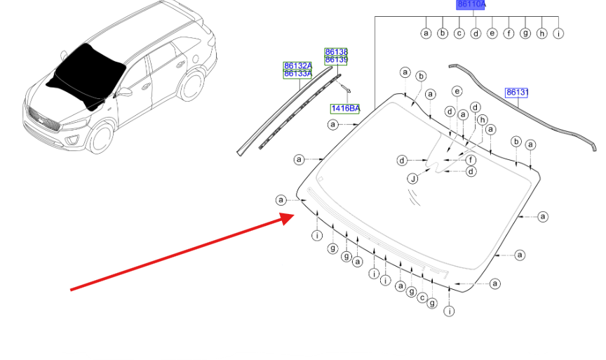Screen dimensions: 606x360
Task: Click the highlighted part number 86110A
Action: (471, 5)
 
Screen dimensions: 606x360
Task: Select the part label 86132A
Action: (297, 66)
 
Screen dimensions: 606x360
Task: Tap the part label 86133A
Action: (297, 74)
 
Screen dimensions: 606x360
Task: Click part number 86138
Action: (336, 52)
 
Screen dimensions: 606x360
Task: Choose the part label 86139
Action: (336, 60)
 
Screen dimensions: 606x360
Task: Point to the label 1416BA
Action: (345, 109)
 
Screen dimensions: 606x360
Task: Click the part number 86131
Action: (516, 93)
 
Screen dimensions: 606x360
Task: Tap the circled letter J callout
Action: (413, 179)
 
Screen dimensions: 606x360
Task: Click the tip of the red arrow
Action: (295, 215)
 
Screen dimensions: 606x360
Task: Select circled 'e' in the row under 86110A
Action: (492, 33)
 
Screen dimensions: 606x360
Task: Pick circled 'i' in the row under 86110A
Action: (558, 33)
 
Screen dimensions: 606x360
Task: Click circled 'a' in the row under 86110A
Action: (426, 33)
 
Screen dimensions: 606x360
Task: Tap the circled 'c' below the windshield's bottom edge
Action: (422, 298)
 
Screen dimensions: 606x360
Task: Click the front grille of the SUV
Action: (43, 120)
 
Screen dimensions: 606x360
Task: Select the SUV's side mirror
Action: (124, 93)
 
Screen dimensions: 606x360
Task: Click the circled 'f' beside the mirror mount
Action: (471, 160)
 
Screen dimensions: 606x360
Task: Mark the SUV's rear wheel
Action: (192, 85)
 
